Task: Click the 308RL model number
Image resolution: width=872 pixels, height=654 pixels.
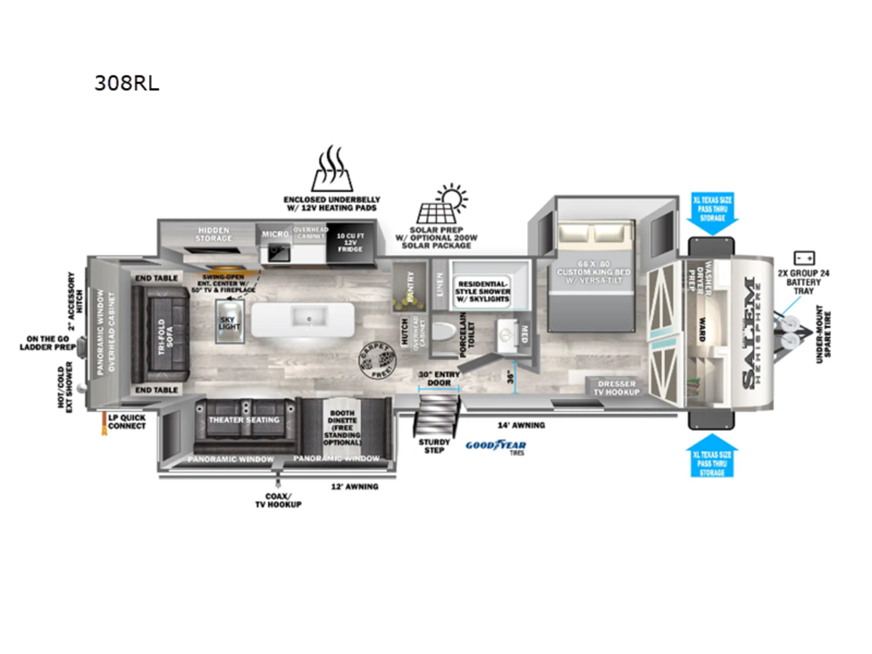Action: (x=126, y=84)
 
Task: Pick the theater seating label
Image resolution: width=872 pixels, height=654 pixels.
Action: (x=244, y=420)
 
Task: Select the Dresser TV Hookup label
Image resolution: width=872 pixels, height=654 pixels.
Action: (x=618, y=387)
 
